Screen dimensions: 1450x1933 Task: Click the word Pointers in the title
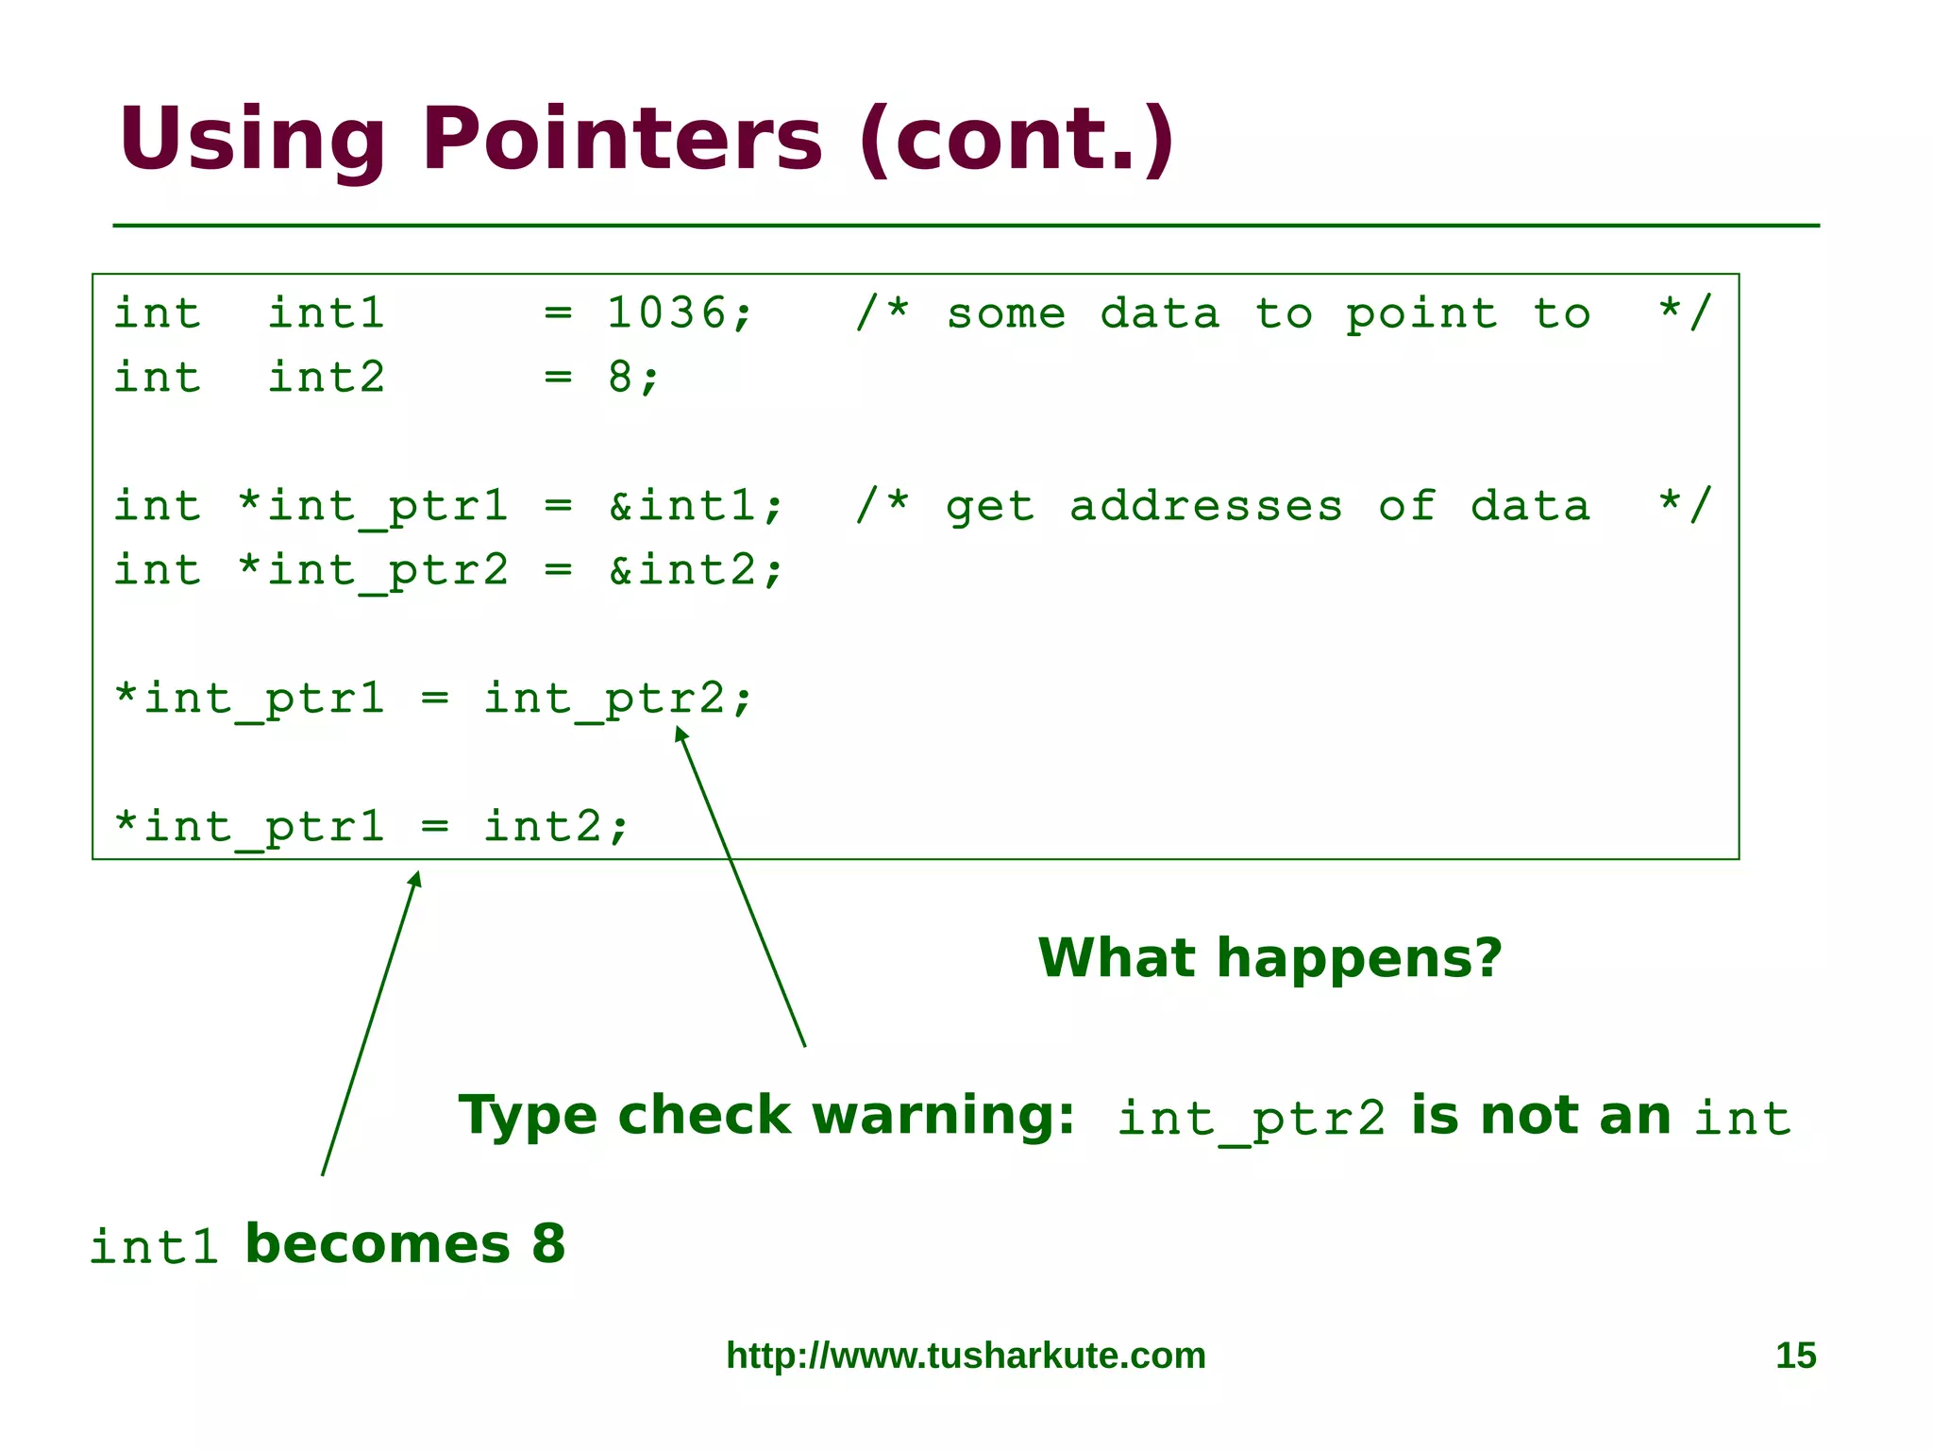coord(621,140)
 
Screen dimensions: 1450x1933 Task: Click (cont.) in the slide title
coord(1017,140)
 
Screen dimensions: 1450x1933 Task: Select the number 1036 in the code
coord(666,313)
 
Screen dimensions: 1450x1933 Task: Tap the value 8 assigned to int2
coord(620,378)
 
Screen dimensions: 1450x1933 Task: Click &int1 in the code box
coord(682,506)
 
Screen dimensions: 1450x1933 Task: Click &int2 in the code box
coord(682,570)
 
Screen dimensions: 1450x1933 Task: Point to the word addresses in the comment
coord(1205,506)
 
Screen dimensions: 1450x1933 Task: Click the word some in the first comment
coord(1006,313)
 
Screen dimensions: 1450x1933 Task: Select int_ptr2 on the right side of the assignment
coord(604,700)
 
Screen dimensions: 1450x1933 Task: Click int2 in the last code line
coord(543,827)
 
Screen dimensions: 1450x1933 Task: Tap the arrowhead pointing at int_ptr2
coord(680,733)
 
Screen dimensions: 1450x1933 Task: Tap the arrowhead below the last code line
coord(415,879)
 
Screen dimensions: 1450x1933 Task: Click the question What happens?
coord(1269,958)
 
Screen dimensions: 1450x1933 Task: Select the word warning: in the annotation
coord(943,1116)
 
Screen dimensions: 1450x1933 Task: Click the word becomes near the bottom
coord(378,1244)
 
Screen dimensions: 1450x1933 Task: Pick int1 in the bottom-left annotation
coord(154,1247)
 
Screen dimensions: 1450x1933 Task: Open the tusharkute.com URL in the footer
coord(966,1356)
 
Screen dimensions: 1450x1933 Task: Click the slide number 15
coord(1795,1356)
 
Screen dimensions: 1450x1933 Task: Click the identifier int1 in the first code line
coord(327,313)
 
